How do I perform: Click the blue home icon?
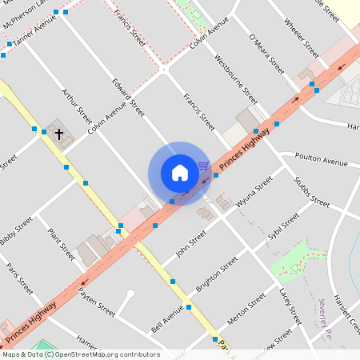(179, 173)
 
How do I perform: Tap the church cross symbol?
(59, 134)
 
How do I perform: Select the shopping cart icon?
(204, 166)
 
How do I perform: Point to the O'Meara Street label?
(266, 54)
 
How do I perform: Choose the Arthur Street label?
(77, 105)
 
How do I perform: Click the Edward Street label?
(128, 96)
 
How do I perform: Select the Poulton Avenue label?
(321, 160)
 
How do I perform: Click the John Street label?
(191, 240)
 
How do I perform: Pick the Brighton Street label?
(217, 272)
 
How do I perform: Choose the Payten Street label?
(96, 303)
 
